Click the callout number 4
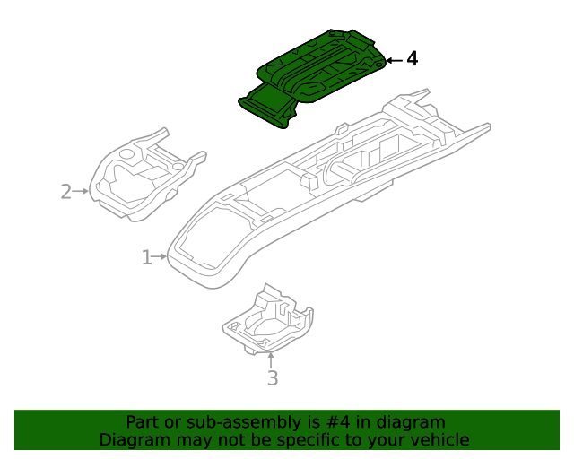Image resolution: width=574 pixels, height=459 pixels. pos(412,59)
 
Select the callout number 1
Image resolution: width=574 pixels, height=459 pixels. pos(146,257)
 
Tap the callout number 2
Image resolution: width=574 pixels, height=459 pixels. pos(65,191)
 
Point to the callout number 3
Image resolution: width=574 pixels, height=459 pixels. pos(273,378)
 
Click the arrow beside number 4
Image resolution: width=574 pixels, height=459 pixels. pos(394,60)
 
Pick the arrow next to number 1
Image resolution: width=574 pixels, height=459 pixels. pos(161,257)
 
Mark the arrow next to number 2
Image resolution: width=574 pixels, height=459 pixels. pos(81,191)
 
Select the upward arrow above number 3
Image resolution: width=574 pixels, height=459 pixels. pos(272,359)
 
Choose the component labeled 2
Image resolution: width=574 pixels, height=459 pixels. pos(143,179)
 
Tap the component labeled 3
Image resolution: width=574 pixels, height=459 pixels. pos(269,323)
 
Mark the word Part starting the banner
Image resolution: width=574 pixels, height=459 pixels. pos(143,422)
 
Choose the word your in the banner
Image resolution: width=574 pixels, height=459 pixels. pos(383,440)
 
